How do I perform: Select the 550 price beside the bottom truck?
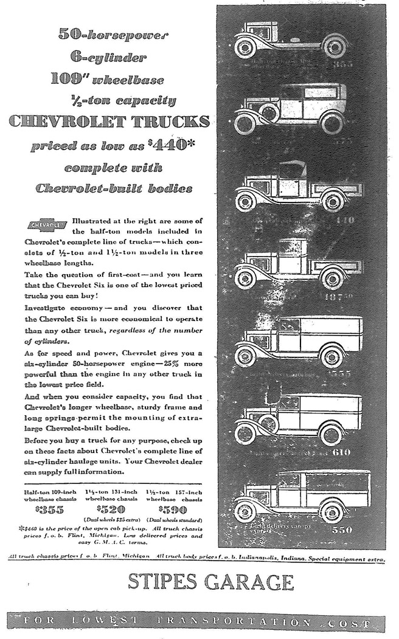tap(341, 530)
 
